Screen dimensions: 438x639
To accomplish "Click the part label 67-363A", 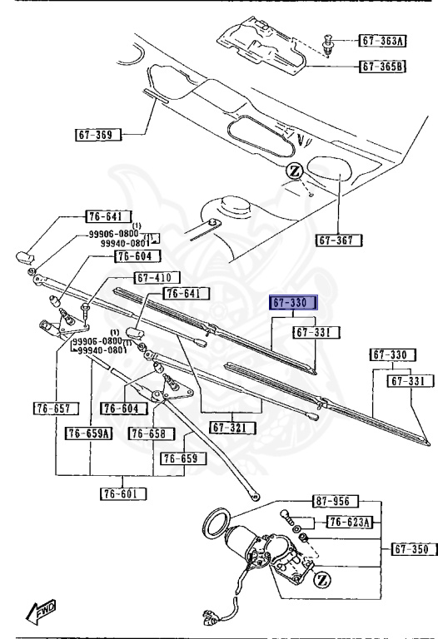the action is click(x=382, y=41).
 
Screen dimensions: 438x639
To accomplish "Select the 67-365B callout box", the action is click(x=382, y=66).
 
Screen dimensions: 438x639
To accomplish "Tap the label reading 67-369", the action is click(x=98, y=135).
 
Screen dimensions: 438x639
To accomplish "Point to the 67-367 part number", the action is click(x=339, y=240).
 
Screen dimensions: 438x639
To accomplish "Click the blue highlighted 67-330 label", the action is click(x=293, y=303).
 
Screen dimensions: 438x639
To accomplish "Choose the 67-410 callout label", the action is click(x=157, y=278).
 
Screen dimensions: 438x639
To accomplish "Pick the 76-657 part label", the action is click(x=56, y=409).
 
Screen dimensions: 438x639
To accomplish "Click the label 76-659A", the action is click(x=89, y=433).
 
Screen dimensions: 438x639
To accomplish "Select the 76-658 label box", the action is click(x=151, y=433).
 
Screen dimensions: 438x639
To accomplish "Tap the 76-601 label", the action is click(x=123, y=494).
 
